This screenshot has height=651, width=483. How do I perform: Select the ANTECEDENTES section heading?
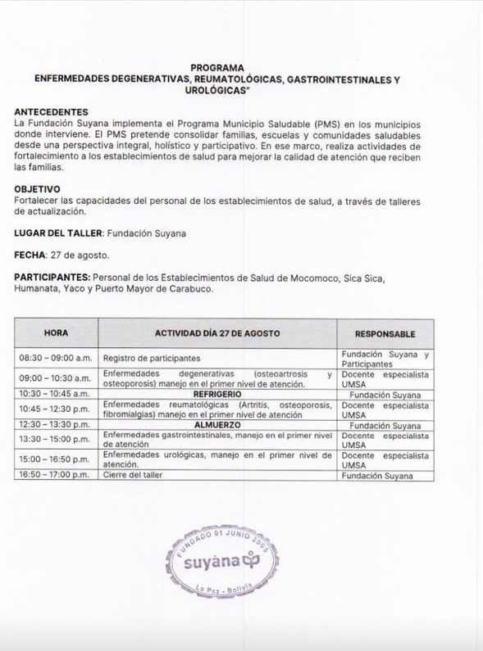coord(52,111)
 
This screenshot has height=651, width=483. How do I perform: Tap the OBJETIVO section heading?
coord(37,189)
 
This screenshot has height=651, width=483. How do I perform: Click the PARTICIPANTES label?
coord(52,278)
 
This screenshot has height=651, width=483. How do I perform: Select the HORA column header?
coord(56,334)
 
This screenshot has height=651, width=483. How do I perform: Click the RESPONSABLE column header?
coord(385,334)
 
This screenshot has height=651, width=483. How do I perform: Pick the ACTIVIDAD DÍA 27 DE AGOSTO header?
coord(217,334)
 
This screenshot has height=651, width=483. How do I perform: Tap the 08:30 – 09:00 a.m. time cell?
coord(55,359)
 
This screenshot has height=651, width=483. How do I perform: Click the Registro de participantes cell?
coord(152,359)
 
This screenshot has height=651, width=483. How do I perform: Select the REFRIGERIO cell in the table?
coord(217,394)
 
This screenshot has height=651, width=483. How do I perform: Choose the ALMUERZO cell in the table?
coord(217,426)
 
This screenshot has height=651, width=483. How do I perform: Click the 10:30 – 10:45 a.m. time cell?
coord(55,394)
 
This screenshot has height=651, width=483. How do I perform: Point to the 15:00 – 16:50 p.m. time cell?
coord(55,459)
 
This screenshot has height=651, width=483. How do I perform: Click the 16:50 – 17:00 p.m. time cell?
coord(55,475)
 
